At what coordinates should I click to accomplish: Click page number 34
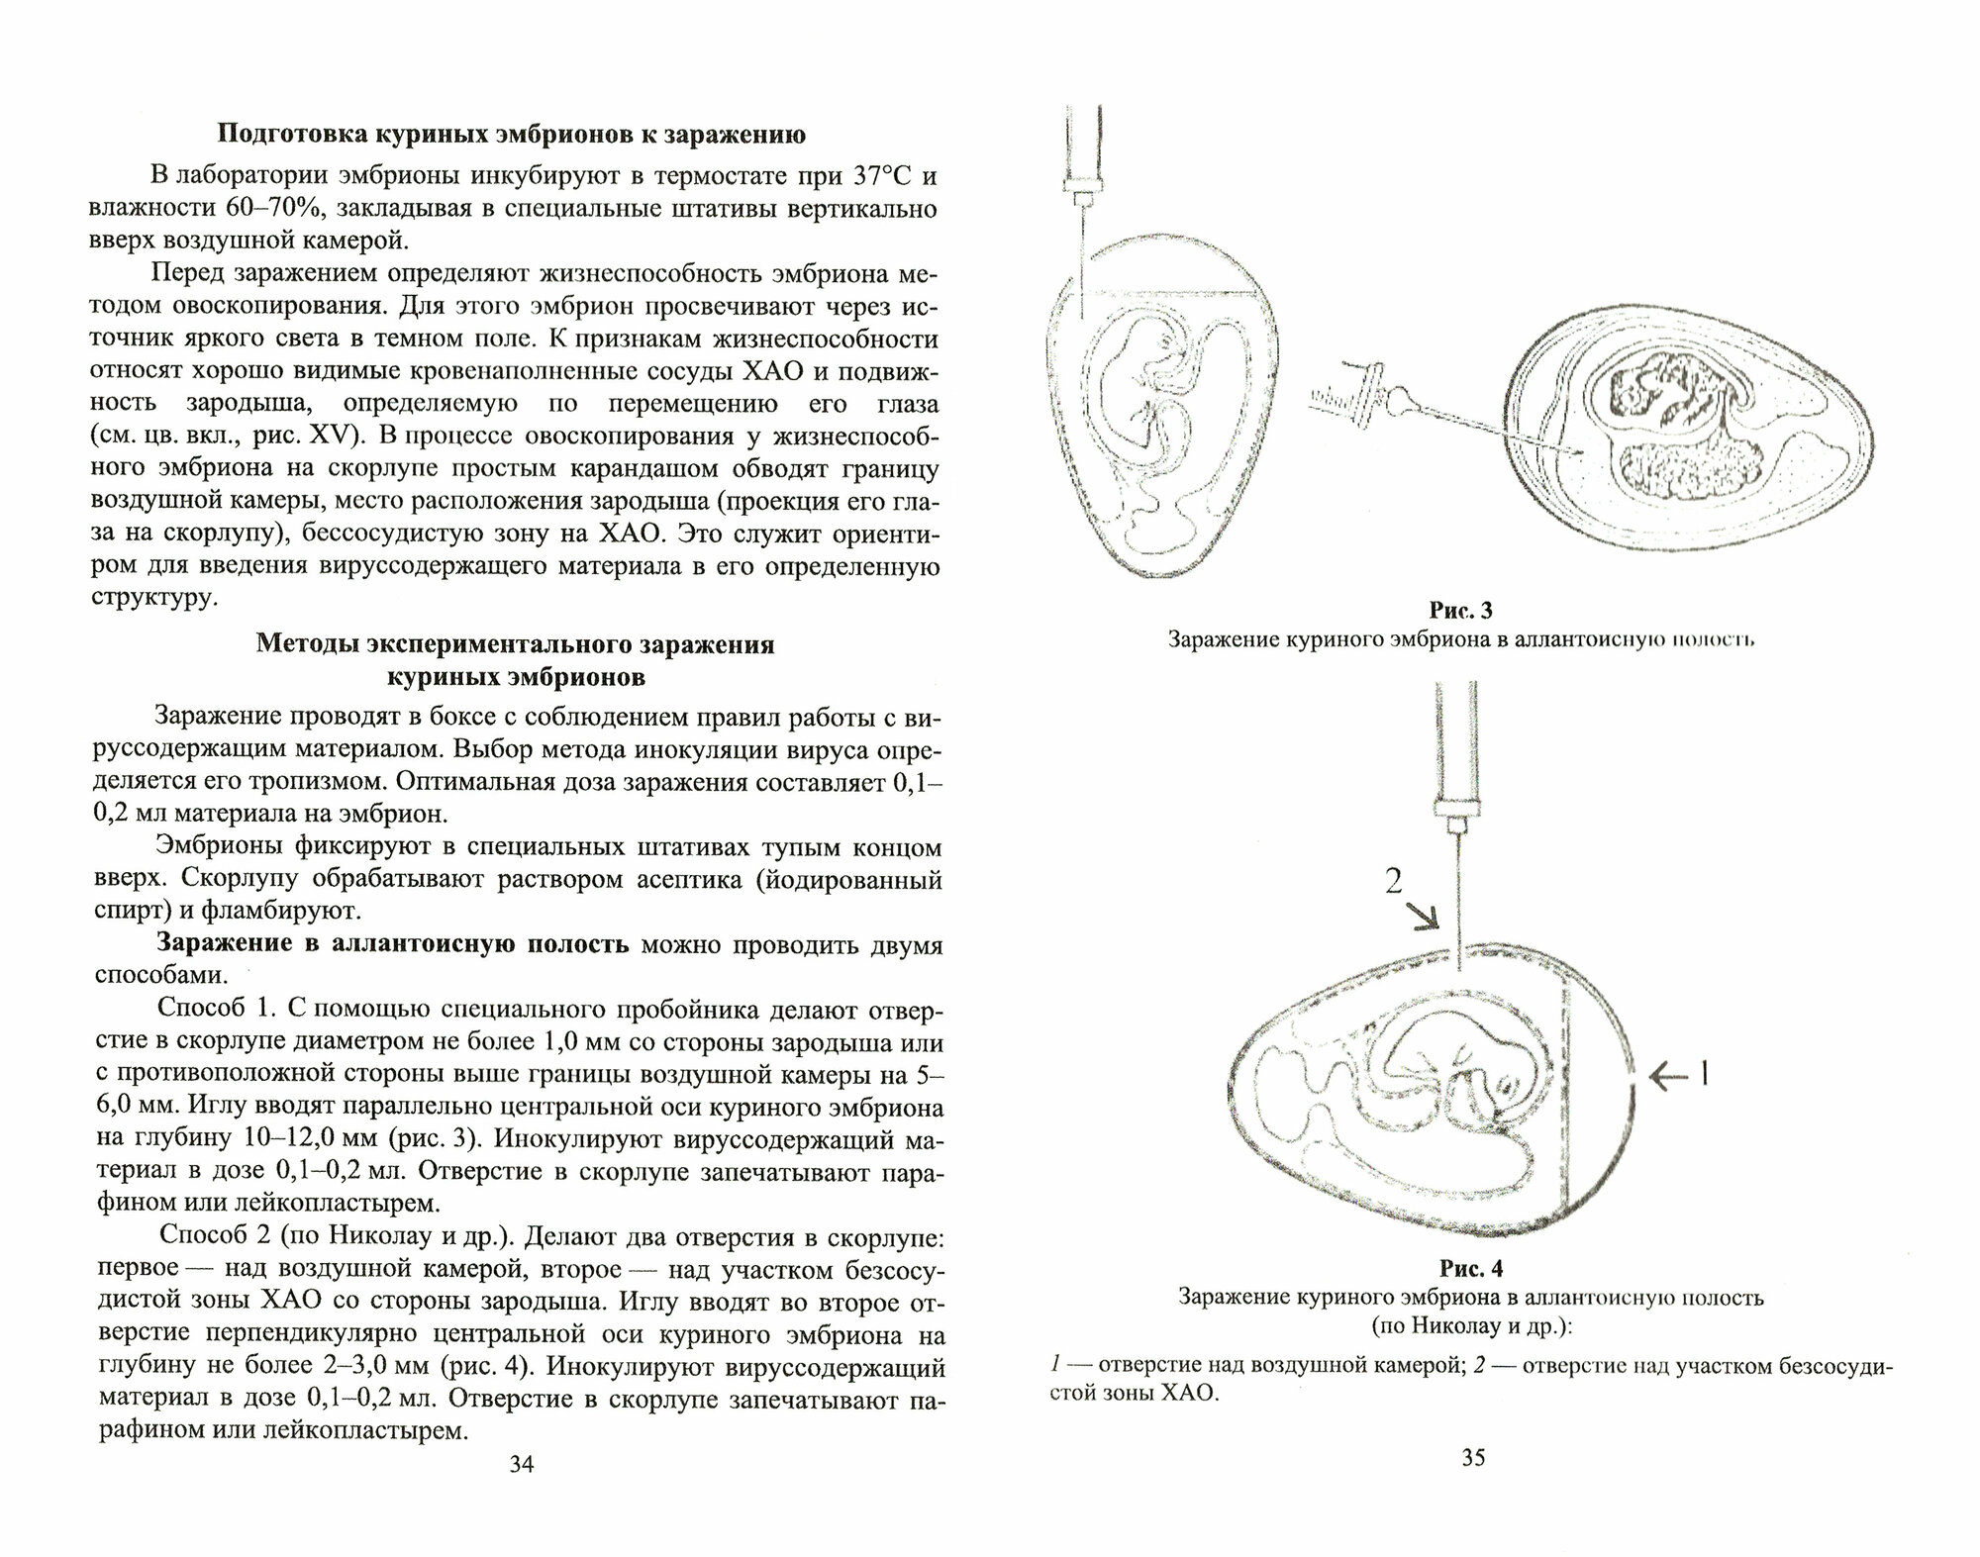[521, 1491]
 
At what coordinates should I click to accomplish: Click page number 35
[1472, 1485]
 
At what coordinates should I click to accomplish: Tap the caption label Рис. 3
[1460, 612]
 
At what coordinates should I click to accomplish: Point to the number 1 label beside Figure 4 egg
[1703, 1074]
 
